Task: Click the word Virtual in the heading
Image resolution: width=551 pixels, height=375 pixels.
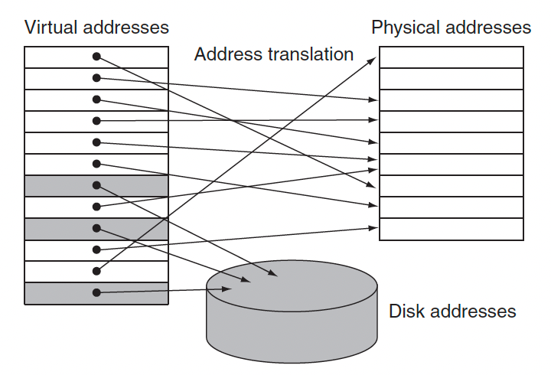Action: click(51, 27)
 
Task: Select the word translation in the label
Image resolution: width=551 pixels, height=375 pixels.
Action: click(311, 54)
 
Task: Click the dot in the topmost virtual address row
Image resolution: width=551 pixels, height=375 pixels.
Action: click(96, 56)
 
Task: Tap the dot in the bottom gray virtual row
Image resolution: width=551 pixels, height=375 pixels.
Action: click(96, 292)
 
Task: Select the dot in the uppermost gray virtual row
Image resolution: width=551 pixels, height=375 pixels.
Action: click(96, 185)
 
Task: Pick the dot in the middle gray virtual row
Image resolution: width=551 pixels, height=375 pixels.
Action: click(96, 228)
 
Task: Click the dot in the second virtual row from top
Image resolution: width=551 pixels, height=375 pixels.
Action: click(96, 77)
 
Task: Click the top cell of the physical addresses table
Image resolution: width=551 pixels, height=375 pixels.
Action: click(452, 57)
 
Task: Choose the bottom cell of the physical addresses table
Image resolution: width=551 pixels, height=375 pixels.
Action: click(452, 229)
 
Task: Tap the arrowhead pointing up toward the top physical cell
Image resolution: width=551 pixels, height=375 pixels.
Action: click(372, 61)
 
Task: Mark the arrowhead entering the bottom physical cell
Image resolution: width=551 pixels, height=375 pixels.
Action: click(373, 228)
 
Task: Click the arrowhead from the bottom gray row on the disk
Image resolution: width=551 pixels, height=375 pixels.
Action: click(227, 289)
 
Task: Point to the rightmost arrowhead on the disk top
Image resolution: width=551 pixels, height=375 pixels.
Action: click(273, 272)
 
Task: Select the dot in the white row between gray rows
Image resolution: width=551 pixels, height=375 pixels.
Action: click(96, 207)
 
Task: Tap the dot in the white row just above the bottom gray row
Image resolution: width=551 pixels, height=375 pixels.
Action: click(96, 271)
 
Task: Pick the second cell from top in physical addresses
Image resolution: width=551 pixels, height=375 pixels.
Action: click(452, 79)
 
